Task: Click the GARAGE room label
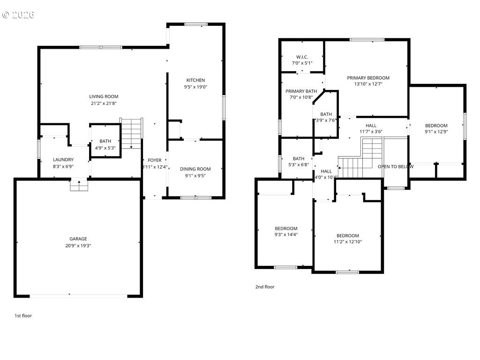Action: coord(78,239)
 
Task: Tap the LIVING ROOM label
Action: coord(104,97)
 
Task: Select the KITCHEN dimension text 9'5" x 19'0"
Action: coord(195,87)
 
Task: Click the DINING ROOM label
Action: coord(195,169)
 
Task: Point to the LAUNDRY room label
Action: coord(63,159)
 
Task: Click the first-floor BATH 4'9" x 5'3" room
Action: coord(105,144)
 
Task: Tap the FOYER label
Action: coord(155,160)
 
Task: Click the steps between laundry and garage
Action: coord(79,186)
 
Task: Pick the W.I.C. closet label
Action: coord(301,57)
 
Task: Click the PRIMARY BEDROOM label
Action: coord(368,78)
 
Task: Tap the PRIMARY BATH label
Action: coord(301,91)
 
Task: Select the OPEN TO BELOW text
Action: coord(396,166)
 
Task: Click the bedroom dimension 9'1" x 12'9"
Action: coord(436,132)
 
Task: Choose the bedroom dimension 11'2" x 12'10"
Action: coord(347,242)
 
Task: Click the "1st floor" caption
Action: coord(23,315)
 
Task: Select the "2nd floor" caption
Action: coord(265,287)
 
